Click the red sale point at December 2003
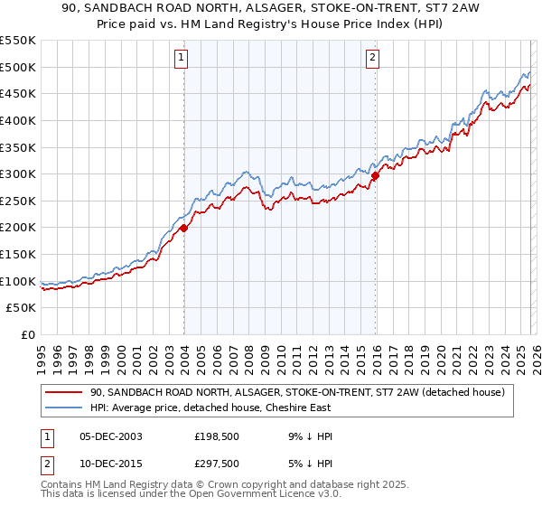(183, 229)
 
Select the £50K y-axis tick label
(22, 308)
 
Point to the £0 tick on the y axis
(29, 335)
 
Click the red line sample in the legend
(65, 391)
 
